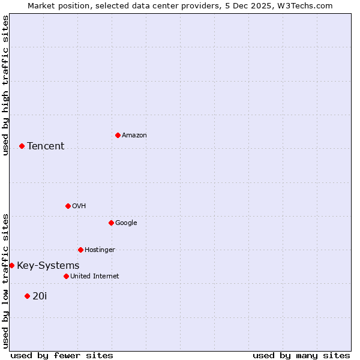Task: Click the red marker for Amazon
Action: [118, 135]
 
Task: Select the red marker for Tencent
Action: [22, 146]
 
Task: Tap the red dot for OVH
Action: [68, 206]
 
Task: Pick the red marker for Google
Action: [111, 223]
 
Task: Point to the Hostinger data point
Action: [80, 250]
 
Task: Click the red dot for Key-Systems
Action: [11, 265]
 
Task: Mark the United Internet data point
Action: [66, 276]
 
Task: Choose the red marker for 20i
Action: [27, 296]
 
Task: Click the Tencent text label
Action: [46, 146]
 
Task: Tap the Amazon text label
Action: [134, 136]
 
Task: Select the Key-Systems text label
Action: [48, 266]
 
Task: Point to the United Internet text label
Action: [95, 277]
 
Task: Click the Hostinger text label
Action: [100, 250]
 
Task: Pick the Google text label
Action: [126, 223]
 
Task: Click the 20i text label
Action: [40, 296]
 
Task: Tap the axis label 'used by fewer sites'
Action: [62, 355]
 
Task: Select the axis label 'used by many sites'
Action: [301, 355]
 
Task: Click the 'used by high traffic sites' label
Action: [5, 85]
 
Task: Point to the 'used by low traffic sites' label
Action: [5, 280]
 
